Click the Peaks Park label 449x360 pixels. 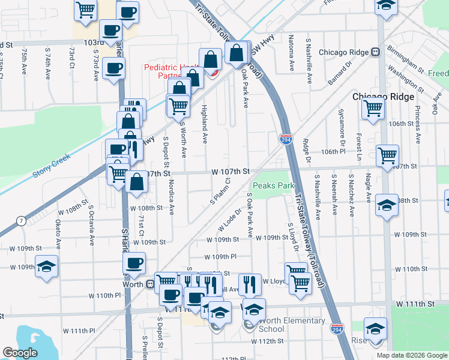[273, 186]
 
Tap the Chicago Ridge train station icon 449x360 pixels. [375, 52]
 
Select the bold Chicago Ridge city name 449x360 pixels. [383, 97]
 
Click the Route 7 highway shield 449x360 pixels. [22, 221]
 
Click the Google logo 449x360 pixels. [20, 353]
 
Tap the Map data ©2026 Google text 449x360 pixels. [412, 355]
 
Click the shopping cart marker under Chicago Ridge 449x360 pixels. [373, 109]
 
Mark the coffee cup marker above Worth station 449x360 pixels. [134, 262]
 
